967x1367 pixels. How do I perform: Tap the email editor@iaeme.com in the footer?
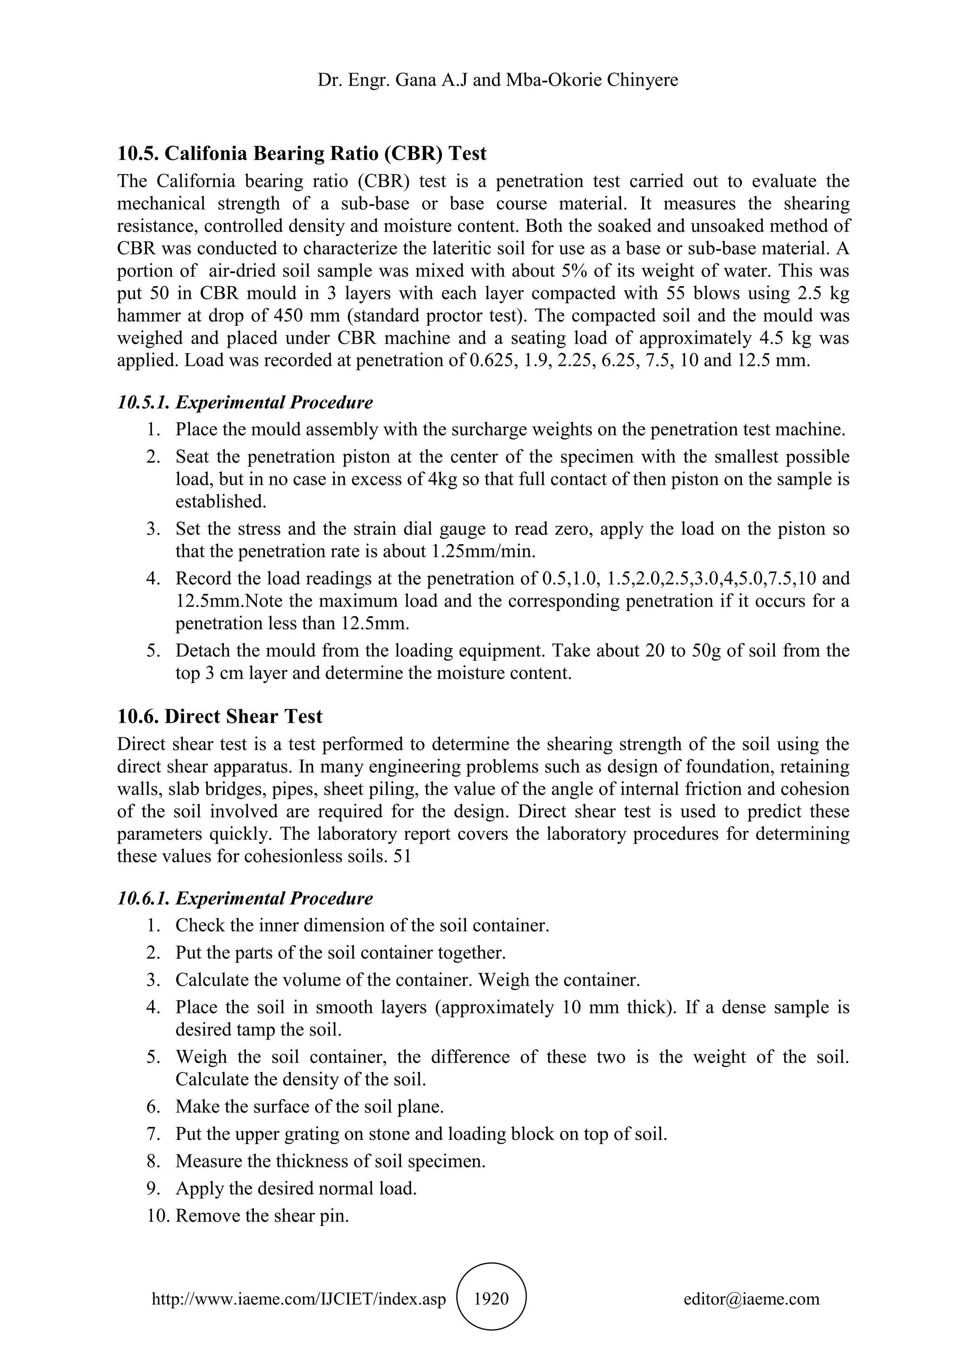coord(751,1299)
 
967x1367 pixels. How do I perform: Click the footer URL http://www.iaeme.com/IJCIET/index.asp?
coord(298,1299)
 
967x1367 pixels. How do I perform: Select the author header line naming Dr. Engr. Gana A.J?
coord(498,80)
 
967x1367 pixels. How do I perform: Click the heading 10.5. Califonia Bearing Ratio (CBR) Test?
coord(301,153)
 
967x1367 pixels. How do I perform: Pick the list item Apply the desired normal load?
coord(296,1189)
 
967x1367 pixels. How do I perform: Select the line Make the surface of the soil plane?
coord(310,1107)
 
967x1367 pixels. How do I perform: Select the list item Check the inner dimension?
coord(362,926)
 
